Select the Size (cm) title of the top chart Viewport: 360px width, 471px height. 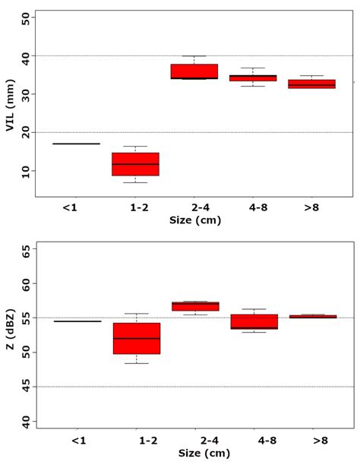[x=194, y=220]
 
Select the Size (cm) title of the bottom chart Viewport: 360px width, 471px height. [x=194, y=453]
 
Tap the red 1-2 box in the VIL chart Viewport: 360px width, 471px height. [x=135, y=164]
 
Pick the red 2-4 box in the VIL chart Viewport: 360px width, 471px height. [x=194, y=71]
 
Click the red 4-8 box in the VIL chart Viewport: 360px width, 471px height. [x=253, y=77]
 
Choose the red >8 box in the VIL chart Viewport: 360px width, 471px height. [x=311, y=84]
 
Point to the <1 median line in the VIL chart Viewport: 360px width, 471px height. [x=76, y=144]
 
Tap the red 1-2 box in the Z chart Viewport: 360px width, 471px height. [x=135, y=338]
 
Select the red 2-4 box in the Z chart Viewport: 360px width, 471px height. [x=194, y=306]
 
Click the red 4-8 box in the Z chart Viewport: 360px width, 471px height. [x=253, y=321]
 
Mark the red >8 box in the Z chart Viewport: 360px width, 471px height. [x=311, y=316]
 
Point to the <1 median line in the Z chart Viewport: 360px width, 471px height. [x=76, y=321]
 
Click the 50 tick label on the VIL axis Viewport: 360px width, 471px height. [x=26, y=18]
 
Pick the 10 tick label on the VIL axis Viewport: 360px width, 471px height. [x=26, y=172]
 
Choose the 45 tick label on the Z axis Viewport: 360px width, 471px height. [x=26, y=387]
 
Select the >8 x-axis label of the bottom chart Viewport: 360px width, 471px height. [x=311, y=441]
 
